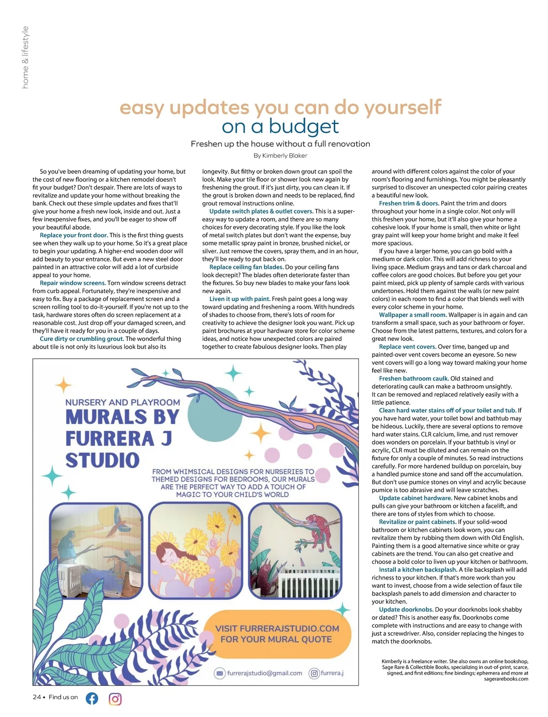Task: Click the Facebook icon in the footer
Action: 92,698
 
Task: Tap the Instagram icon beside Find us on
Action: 115,699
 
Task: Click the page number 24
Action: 37,697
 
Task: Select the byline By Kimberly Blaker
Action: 280,156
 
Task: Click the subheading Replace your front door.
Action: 74,236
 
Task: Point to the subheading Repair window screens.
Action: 73,283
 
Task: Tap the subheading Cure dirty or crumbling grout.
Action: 82,339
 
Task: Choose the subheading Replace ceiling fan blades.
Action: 246,267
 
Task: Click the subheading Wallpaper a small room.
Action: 412,315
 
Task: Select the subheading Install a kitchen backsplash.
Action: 418,570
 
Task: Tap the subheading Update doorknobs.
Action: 406,610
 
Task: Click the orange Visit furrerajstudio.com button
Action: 277,633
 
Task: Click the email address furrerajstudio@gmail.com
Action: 264,673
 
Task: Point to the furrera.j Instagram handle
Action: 332,673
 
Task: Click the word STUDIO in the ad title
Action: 102,460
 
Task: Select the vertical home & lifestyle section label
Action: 25,57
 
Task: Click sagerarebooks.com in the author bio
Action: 506,679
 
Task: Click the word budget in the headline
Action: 304,126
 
